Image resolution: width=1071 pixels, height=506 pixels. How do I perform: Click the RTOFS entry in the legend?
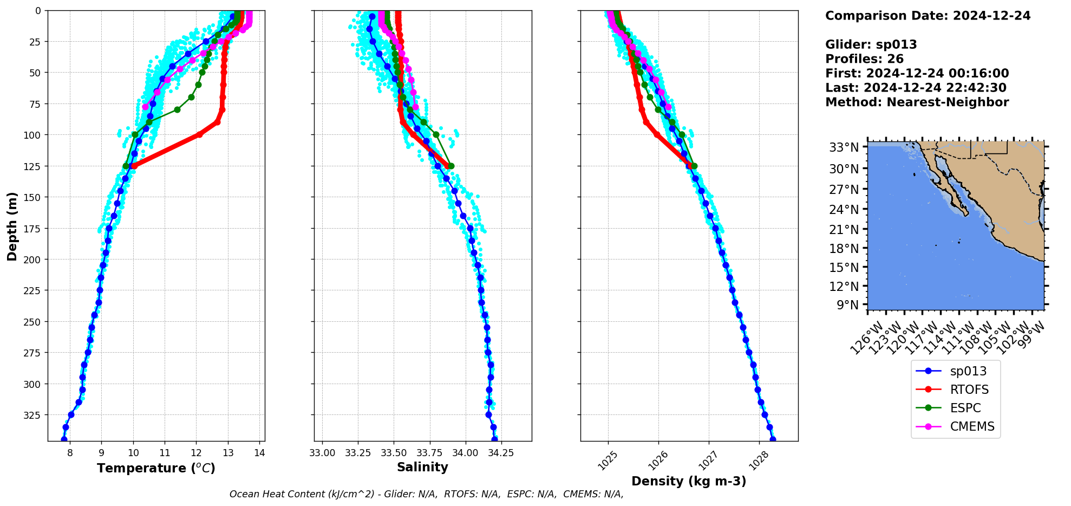[x=969, y=390]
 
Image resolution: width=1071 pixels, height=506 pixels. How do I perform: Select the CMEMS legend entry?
[x=972, y=426]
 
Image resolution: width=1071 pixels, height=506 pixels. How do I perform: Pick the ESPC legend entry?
[x=965, y=408]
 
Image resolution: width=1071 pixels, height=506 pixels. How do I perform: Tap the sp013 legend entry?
[x=968, y=371]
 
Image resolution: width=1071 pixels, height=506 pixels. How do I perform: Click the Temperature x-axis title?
[x=156, y=468]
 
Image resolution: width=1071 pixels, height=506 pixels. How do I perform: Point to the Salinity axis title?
[x=422, y=467]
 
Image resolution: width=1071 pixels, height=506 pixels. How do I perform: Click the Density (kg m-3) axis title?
[x=689, y=481]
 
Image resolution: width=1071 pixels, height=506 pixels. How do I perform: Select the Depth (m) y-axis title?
[x=12, y=226]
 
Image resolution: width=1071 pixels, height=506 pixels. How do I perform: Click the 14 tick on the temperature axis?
[x=259, y=453]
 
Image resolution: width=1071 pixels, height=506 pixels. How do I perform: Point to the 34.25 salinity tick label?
[x=501, y=453]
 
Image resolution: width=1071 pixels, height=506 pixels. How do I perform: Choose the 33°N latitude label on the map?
[x=844, y=147]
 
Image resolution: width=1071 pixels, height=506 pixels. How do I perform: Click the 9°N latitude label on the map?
[x=847, y=305]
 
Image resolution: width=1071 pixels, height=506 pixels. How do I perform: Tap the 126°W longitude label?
[x=865, y=338]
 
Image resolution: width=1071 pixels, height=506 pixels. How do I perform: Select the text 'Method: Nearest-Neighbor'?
[x=917, y=102]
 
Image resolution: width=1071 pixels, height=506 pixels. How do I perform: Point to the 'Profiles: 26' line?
[x=864, y=59]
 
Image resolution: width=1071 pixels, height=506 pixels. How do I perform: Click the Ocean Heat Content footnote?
[x=426, y=494]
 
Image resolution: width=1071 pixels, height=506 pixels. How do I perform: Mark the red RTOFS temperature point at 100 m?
[x=199, y=134]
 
